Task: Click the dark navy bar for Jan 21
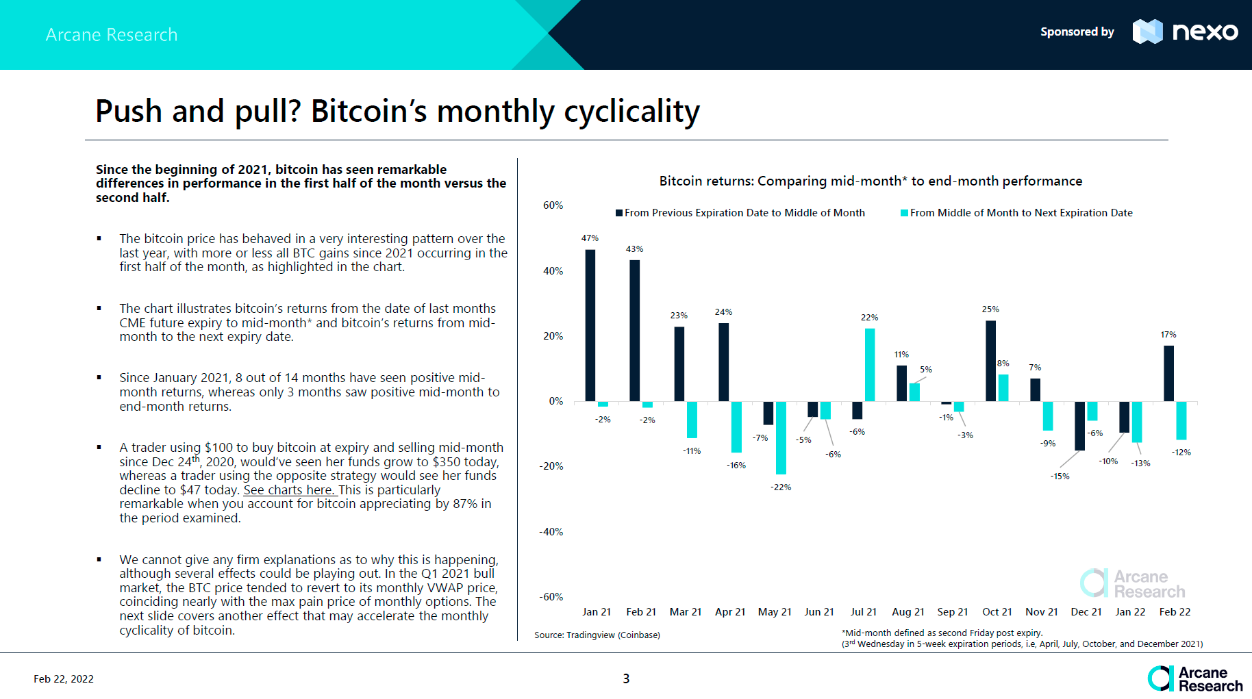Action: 590,325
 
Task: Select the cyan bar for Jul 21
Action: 870,365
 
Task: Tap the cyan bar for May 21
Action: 781,437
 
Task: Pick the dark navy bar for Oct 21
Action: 990,361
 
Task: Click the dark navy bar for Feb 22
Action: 1168,373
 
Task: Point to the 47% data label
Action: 590,238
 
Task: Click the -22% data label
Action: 781,487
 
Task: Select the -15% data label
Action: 1060,476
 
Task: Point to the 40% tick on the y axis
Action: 553,271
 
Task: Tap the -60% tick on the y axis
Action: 551,597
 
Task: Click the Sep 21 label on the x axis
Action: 953,612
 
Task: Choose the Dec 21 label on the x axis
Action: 1086,612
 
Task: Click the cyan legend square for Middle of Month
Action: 904,213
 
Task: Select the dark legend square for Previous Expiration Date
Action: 619,213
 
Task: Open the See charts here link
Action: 289,490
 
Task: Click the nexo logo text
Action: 1205,31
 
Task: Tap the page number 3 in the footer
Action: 626,678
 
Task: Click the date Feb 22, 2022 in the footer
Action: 64,679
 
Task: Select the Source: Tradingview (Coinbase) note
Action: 597,635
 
